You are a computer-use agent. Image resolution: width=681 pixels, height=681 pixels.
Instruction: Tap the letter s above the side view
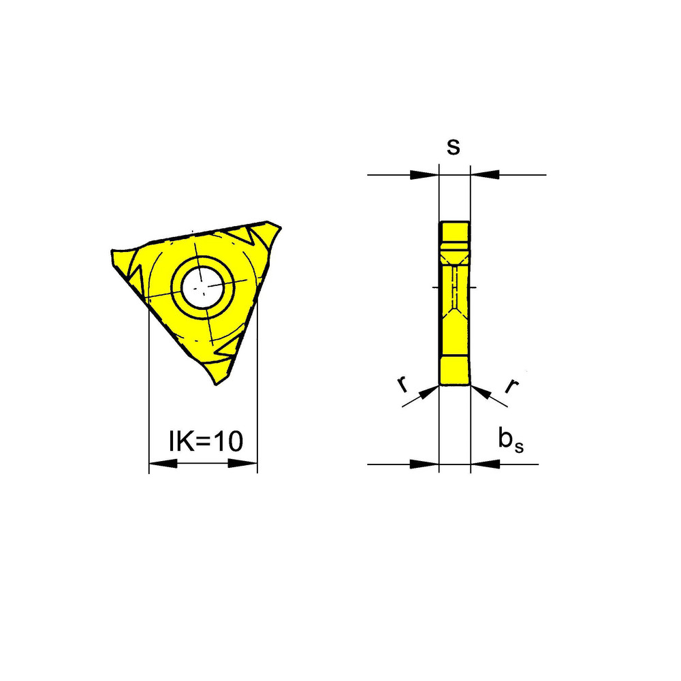click(453, 147)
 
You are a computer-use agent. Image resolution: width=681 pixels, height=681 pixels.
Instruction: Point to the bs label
click(511, 441)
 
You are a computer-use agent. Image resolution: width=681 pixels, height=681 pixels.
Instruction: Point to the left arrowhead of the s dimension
click(424, 175)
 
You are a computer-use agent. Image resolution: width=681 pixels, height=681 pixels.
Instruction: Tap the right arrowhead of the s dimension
click(485, 175)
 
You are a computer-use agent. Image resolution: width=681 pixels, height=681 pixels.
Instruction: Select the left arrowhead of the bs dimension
click(424, 464)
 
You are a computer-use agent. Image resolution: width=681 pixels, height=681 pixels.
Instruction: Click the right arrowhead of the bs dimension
click(485, 464)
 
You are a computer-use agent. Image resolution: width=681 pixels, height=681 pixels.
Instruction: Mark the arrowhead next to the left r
click(429, 391)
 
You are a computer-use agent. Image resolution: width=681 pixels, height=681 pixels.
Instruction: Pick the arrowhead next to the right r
click(480, 391)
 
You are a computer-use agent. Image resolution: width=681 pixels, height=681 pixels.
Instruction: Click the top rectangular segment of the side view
click(454, 232)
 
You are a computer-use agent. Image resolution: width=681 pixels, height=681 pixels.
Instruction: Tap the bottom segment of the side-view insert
click(454, 371)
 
